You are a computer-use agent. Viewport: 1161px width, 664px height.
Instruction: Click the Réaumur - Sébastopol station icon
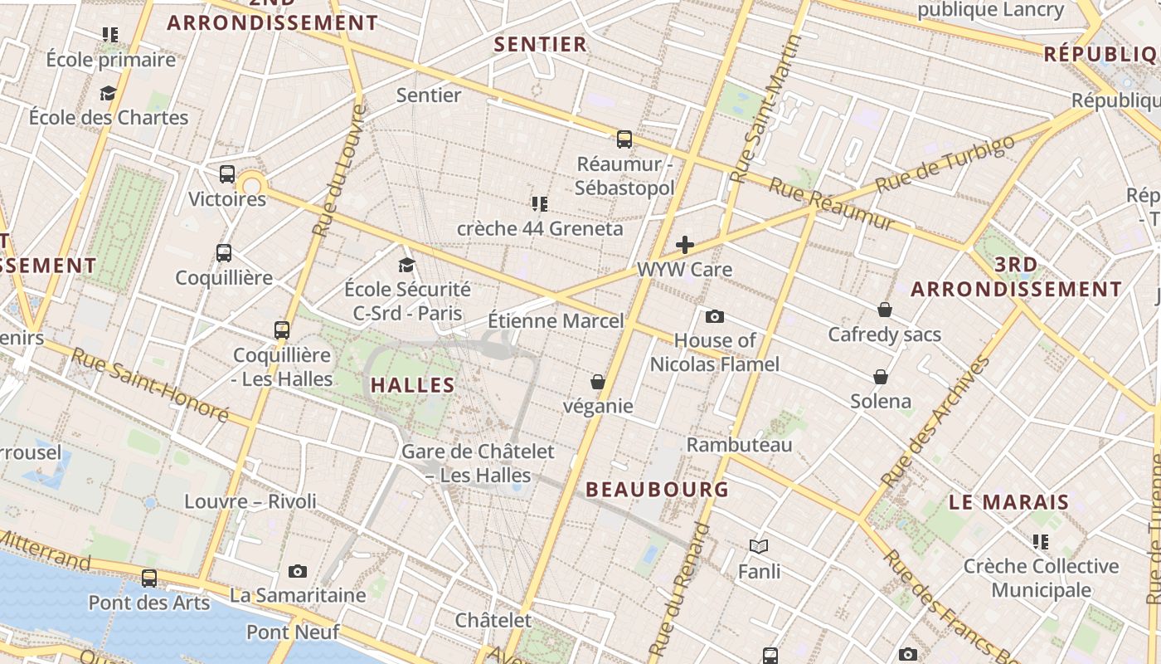tap(624, 139)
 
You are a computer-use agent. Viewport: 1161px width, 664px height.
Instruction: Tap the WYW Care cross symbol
tap(685, 244)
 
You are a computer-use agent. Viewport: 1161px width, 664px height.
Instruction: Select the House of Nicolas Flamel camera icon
tap(714, 316)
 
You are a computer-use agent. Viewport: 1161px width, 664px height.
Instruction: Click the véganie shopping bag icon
tap(597, 382)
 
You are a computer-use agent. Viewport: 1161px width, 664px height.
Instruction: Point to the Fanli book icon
tap(759, 546)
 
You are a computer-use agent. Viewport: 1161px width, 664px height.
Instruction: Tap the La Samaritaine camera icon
tap(298, 571)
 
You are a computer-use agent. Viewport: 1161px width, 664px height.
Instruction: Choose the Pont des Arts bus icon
tap(149, 578)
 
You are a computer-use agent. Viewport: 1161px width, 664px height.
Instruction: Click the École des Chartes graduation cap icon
tap(108, 93)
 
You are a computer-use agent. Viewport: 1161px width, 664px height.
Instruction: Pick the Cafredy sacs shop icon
tap(885, 310)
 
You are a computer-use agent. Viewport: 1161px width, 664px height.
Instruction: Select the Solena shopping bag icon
tap(881, 377)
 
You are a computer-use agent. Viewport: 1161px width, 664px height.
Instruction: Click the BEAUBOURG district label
tap(658, 490)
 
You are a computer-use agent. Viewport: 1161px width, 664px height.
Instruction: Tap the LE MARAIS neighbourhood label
tap(1009, 502)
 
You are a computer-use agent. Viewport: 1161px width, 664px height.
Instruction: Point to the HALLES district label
tap(413, 385)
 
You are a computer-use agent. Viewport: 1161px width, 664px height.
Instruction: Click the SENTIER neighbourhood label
tap(541, 44)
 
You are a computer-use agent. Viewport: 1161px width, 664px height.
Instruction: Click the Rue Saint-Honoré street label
tap(149, 383)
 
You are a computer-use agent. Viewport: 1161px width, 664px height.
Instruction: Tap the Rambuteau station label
tap(740, 445)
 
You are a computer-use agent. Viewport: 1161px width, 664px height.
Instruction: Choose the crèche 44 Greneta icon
tap(540, 203)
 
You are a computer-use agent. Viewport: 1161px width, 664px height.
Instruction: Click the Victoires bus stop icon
tap(227, 174)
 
